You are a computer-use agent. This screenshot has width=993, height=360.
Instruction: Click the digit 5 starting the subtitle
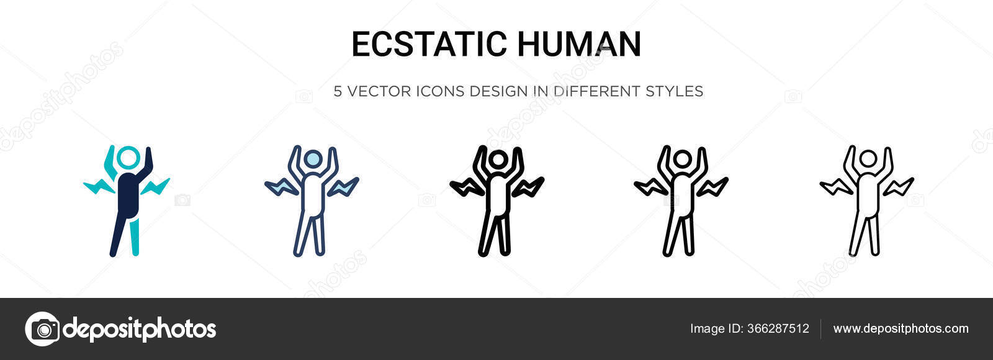(338, 91)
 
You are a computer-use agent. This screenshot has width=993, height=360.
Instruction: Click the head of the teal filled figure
(128, 157)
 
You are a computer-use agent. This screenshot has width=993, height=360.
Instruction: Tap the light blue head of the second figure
(313, 158)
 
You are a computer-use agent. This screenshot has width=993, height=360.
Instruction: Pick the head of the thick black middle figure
(498, 158)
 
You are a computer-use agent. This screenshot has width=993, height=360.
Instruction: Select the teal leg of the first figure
(134, 236)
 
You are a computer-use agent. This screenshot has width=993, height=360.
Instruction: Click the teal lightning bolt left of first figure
(99, 186)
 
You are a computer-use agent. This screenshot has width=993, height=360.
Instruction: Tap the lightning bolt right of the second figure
(343, 187)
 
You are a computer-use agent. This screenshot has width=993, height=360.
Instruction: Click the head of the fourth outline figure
(682, 158)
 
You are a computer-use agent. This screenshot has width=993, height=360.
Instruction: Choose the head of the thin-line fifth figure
(868, 158)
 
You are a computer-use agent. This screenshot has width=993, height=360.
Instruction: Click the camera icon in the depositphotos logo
(42, 329)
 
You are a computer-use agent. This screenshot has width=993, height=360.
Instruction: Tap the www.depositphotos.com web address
(901, 328)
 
